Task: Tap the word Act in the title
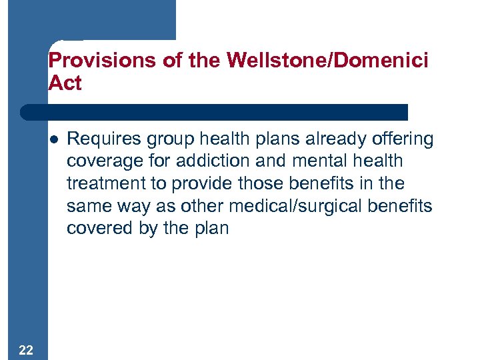coord(65,83)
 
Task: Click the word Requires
coord(101,139)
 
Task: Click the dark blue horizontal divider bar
coord(213,112)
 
